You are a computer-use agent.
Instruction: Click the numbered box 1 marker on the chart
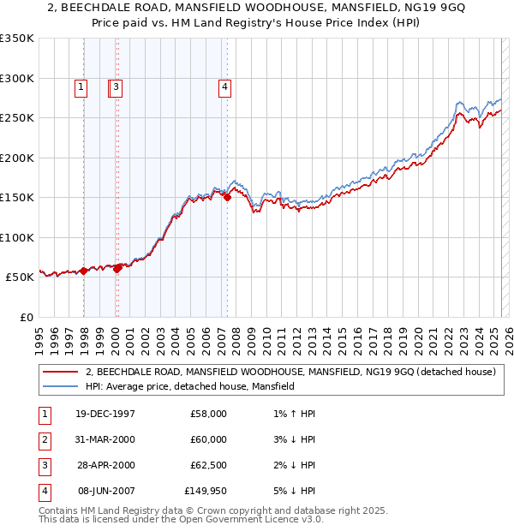point(81,86)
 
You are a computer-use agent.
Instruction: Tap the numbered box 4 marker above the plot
point(224,86)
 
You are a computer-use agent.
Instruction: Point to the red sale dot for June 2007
point(228,198)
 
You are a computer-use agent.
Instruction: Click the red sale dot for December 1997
point(84,271)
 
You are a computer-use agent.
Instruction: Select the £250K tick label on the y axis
point(17,117)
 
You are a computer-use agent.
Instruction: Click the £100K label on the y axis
point(17,237)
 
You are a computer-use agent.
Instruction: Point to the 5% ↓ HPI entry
point(296,491)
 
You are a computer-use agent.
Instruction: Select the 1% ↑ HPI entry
point(296,414)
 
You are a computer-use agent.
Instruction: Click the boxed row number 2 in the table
point(44,439)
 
